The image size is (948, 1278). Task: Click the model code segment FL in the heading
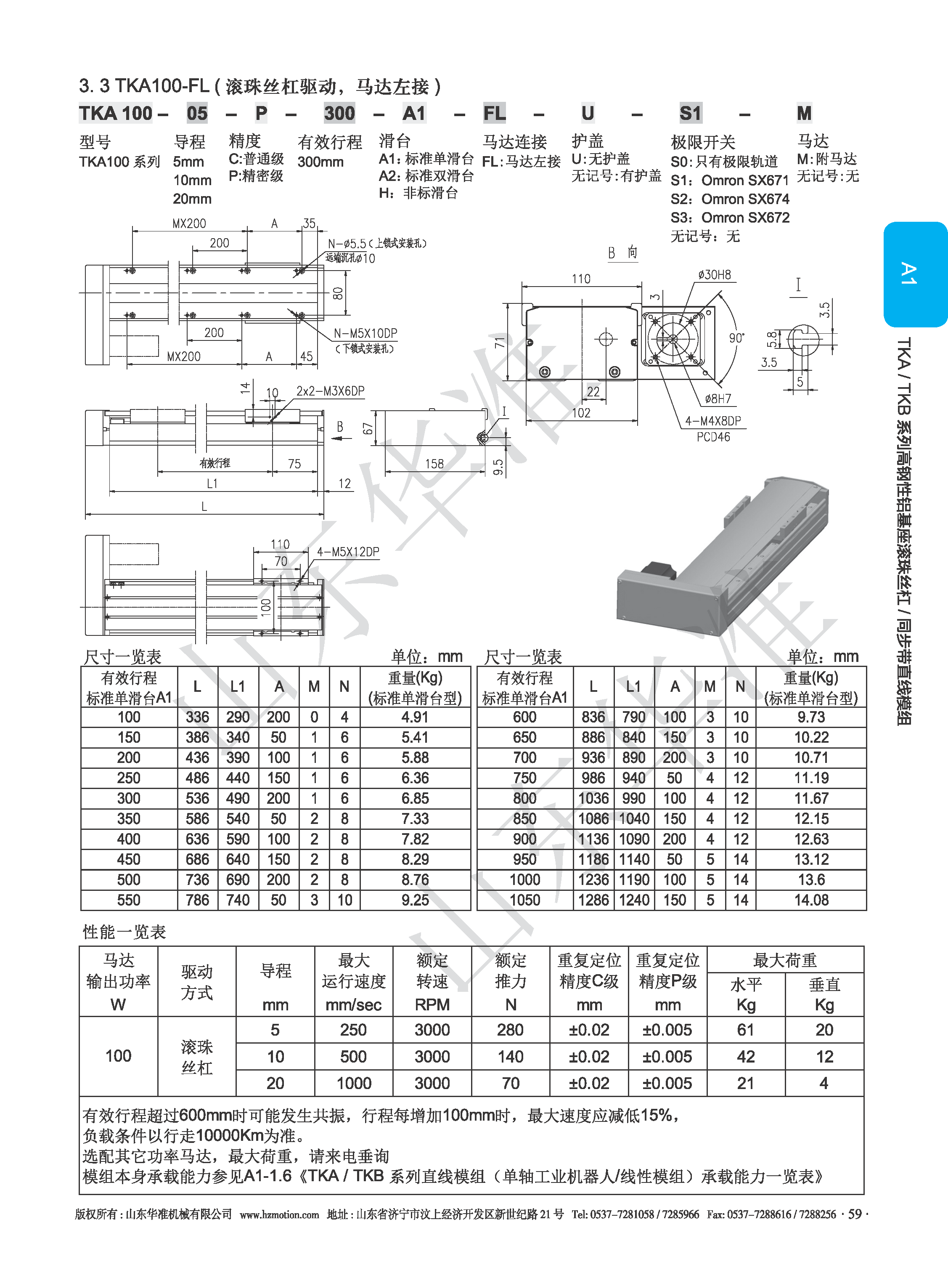point(494,113)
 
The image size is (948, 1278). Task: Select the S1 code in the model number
point(690,113)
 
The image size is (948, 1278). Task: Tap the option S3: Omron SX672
point(730,218)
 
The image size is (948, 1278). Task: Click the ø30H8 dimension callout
point(715,275)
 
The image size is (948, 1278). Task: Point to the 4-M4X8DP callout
point(713,421)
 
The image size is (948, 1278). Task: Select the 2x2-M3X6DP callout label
point(330,391)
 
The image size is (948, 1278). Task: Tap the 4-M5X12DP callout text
point(348,552)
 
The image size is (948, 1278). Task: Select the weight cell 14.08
point(811,900)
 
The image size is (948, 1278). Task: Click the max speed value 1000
point(353,1083)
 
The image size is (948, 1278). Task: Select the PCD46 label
point(713,437)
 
